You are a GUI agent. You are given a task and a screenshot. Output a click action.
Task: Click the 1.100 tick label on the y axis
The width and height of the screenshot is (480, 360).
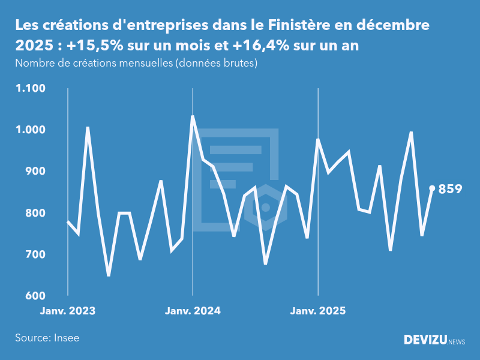(30, 89)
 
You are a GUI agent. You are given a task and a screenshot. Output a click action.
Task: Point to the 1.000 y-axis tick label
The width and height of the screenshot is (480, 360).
(30, 130)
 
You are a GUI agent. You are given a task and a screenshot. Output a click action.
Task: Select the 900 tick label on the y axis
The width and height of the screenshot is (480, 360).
(34, 172)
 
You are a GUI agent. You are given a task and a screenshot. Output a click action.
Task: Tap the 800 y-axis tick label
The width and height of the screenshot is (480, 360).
(34, 213)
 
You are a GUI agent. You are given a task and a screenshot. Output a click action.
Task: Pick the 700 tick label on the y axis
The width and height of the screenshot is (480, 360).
(34, 254)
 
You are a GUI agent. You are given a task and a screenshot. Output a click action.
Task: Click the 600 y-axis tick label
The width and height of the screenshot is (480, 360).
(34, 296)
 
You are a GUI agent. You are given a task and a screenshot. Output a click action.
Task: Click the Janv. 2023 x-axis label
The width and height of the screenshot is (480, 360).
(68, 311)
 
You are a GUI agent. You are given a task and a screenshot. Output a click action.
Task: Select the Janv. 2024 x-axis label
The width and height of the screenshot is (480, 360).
(193, 311)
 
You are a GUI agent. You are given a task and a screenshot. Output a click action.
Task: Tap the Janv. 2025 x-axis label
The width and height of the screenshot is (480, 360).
(318, 311)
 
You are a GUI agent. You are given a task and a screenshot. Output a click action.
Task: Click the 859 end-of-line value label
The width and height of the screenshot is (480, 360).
(450, 189)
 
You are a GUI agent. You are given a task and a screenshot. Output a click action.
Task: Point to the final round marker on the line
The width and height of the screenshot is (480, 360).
(432, 188)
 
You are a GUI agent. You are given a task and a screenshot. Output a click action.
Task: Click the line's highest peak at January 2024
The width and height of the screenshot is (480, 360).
(193, 116)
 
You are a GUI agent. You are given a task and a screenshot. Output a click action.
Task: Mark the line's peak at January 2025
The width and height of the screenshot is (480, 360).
(317, 139)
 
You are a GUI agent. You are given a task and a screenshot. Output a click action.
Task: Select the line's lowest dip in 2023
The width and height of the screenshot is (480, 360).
(109, 275)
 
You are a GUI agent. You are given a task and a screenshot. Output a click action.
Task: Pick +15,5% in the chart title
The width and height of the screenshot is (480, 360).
(95, 47)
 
